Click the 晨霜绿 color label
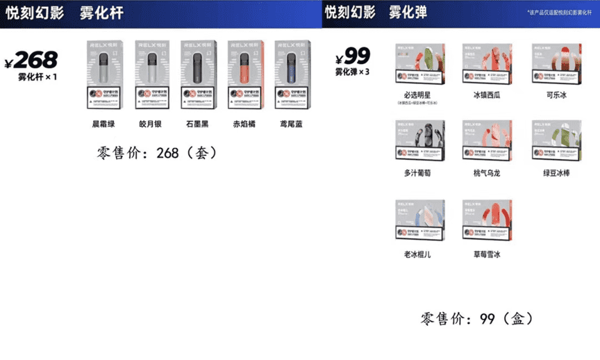tap(103, 125)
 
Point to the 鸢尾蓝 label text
tap(291, 125)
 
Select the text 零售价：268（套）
tap(157, 153)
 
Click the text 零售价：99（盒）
tap(478, 319)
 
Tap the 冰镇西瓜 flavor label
tap(487, 95)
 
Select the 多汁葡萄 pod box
tap(420, 142)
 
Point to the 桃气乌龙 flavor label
tap(487, 173)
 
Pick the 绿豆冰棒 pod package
tap(556, 142)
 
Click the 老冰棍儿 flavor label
tap(417, 254)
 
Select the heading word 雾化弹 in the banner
tap(408, 13)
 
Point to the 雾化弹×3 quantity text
tap(353, 72)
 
